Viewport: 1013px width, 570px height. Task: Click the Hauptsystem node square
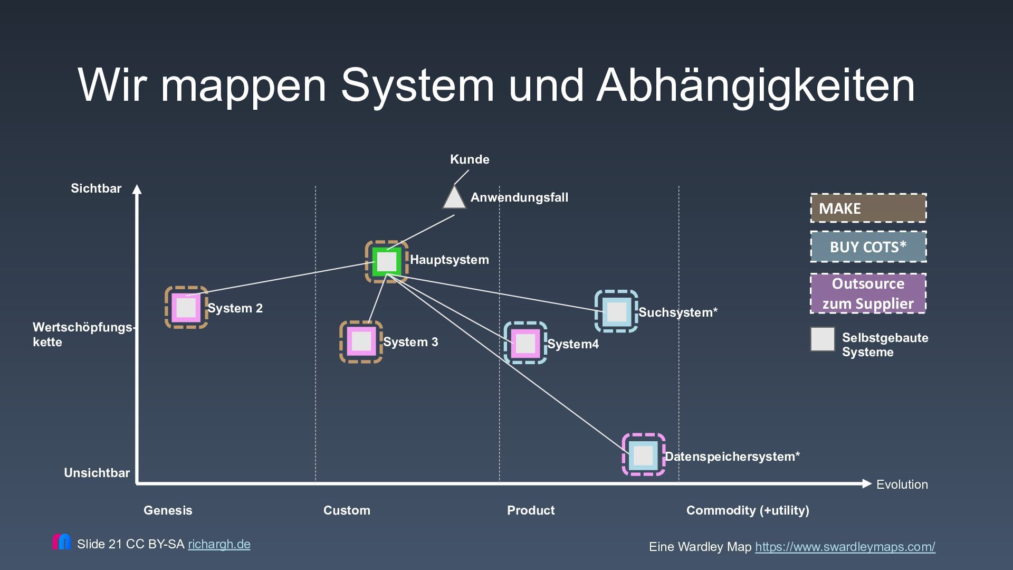pyautogui.click(x=387, y=262)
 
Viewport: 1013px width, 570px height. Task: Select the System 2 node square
pyautogui.click(x=186, y=308)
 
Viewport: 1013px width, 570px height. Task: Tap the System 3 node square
pyautogui.click(x=361, y=341)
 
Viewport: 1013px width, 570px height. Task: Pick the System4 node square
pyautogui.click(x=525, y=343)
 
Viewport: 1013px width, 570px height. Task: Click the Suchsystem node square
pyautogui.click(x=616, y=311)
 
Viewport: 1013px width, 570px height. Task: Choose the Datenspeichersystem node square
pyautogui.click(x=643, y=455)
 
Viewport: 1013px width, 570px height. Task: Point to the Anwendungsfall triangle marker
pyautogui.click(x=454, y=198)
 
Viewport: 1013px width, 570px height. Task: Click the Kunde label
pyautogui.click(x=470, y=159)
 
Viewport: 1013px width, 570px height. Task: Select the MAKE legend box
pyautogui.click(x=868, y=208)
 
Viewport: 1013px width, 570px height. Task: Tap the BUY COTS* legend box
pyautogui.click(x=868, y=247)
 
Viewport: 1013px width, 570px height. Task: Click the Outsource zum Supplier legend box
pyautogui.click(x=868, y=293)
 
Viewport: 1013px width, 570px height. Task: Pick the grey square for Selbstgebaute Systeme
pyautogui.click(x=823, y=339)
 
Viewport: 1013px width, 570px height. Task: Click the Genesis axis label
pyautogui.click(x=168, y=510)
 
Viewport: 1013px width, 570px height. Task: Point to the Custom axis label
pyautogui.click(x=347, y=510)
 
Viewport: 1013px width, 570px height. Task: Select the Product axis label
pyautogui.click(x=531, y=510)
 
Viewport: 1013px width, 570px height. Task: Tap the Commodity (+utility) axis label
pyautogui.click(x=748, y=510)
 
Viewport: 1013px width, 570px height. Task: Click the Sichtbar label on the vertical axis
pyautogui.click(x=96, y=188)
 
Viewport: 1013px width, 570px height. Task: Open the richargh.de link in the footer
pyautogui.click(x=219, y=544)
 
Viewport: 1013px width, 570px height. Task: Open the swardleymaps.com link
pyautogui.click(x=845, y=547)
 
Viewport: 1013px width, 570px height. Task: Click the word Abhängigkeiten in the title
pyautogui.click(x=756, y=85)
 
